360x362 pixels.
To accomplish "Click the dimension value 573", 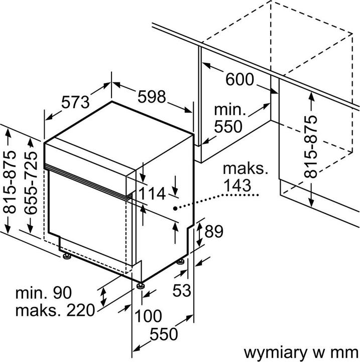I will point(75,102).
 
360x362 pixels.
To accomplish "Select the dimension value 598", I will point(151,98).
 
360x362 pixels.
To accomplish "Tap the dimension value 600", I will point(239,80).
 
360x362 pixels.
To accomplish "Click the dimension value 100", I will point(148,317).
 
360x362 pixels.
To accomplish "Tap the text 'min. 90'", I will point(44,292).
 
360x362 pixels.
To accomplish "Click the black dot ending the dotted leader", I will point(175,208).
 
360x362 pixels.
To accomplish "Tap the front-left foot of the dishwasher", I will point(66,257).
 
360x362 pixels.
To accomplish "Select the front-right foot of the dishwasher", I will point(141,287).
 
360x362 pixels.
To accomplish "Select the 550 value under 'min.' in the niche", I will point(228,126).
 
